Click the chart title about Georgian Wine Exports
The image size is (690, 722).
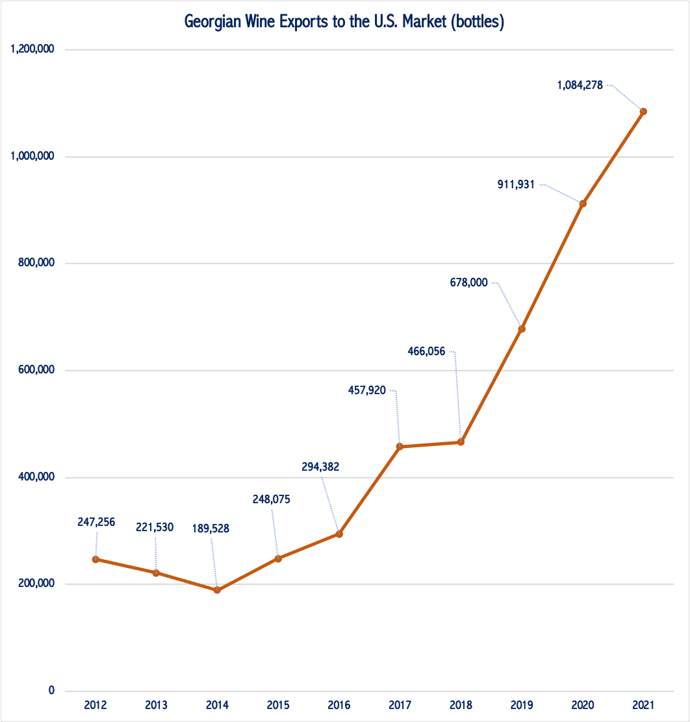coord(344,22)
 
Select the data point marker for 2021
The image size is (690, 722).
coord(643,112)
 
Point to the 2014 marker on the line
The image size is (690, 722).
coord(217,590)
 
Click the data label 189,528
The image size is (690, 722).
coord(211,529)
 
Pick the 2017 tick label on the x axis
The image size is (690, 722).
coord(400,705)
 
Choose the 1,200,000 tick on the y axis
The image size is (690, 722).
coord(32,49)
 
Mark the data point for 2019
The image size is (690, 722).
coord(522,329)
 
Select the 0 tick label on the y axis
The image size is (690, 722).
coord(51,691)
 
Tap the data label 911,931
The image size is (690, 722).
coord(515,184)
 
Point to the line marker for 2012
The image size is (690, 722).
coord(96,559)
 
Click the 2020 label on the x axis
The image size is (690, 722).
coord(583,705)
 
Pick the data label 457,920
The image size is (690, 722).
coord(367,390)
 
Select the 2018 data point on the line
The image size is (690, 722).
coord(461,442)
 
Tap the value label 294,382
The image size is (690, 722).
coord(320,466)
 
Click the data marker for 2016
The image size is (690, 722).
coord(339,534)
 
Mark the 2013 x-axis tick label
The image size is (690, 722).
coord(157,705)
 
